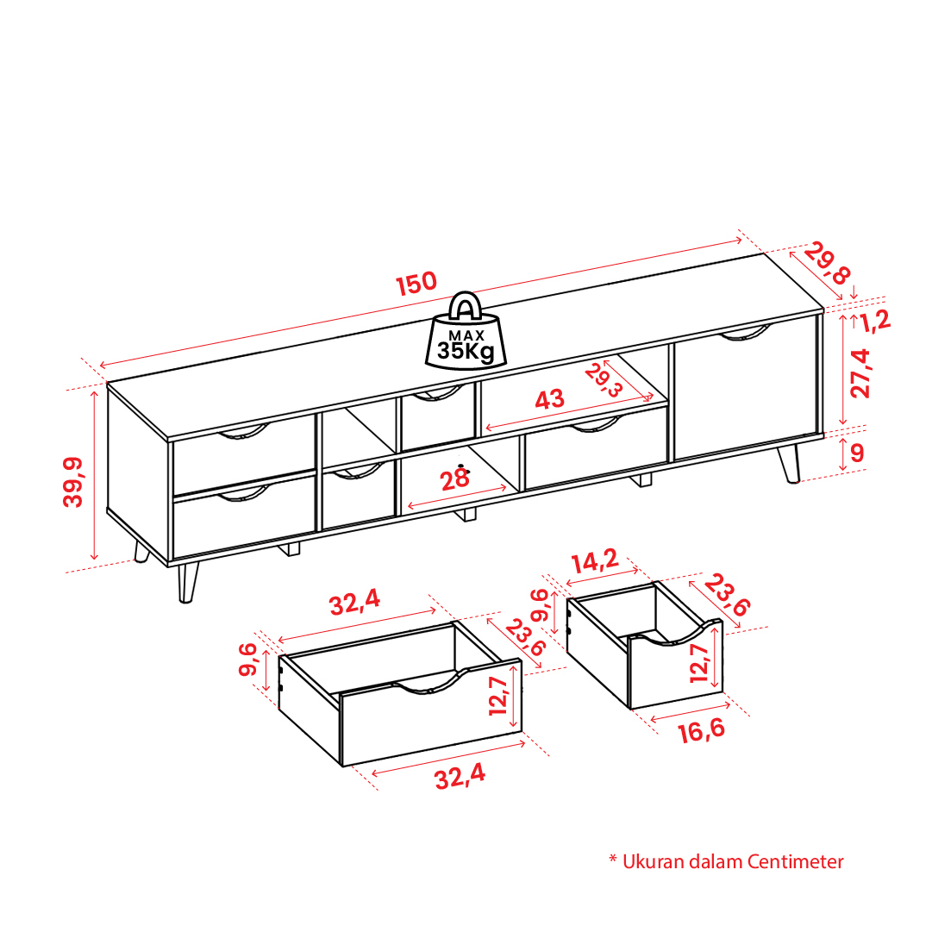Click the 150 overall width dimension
click(x=416, y=284)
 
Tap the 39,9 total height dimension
click(x=73, y=481)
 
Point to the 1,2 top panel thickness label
click(x=876, y=321)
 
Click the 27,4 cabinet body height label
click(x=860, y=373)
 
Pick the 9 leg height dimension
click(x=856, y=453)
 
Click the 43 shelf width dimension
click(x=549, y=399)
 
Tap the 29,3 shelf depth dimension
click(x=604, y=380)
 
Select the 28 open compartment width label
click(x=454, y=479)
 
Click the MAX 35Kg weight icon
click(x=466, y=332)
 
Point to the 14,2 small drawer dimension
click(x=595, y=560)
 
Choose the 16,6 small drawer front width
click(x=702, y=730)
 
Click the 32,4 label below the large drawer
click(x=460, y=777)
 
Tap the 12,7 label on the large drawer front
click(x=498, y=696)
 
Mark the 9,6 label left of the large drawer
click(x=247, y=660)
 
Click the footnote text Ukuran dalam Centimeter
click(x=732, y=862)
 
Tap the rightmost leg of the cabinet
click(x=790, y=464)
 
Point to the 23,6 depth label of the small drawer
click(x=727, y=595)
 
